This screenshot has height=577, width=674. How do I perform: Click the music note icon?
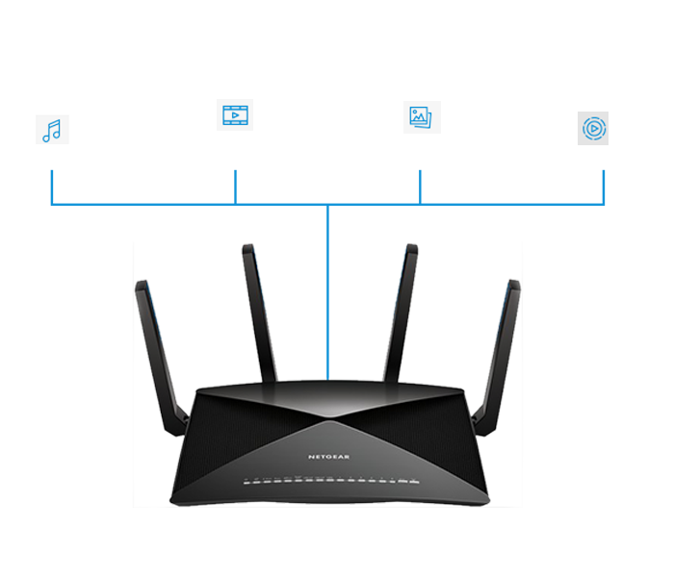(x=52, y=130)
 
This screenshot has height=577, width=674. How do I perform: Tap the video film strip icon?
(x=234, y=115)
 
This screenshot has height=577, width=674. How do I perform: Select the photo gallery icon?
(x=422, y=117)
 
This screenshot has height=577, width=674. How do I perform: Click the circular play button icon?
(x=593, y=128)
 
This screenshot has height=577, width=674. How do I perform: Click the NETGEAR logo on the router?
(x=329, y=455)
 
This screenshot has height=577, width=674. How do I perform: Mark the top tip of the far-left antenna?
(x=141, y=286)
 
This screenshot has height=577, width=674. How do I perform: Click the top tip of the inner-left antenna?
(x=247, y=249)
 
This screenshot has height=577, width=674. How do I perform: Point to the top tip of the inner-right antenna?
(x=412, y=249)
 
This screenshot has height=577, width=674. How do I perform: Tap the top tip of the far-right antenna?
(x=515, y=286)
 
